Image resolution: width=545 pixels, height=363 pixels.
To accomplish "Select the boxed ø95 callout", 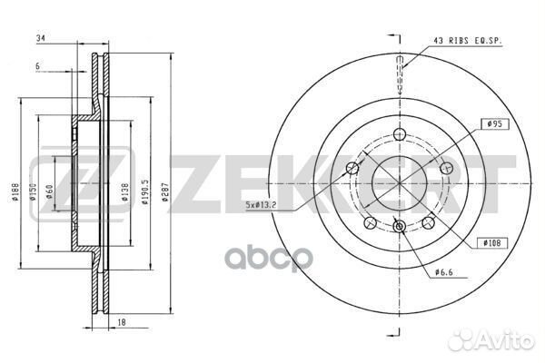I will point(494,123).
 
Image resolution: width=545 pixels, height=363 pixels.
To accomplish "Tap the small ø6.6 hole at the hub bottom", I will point(400,226).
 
